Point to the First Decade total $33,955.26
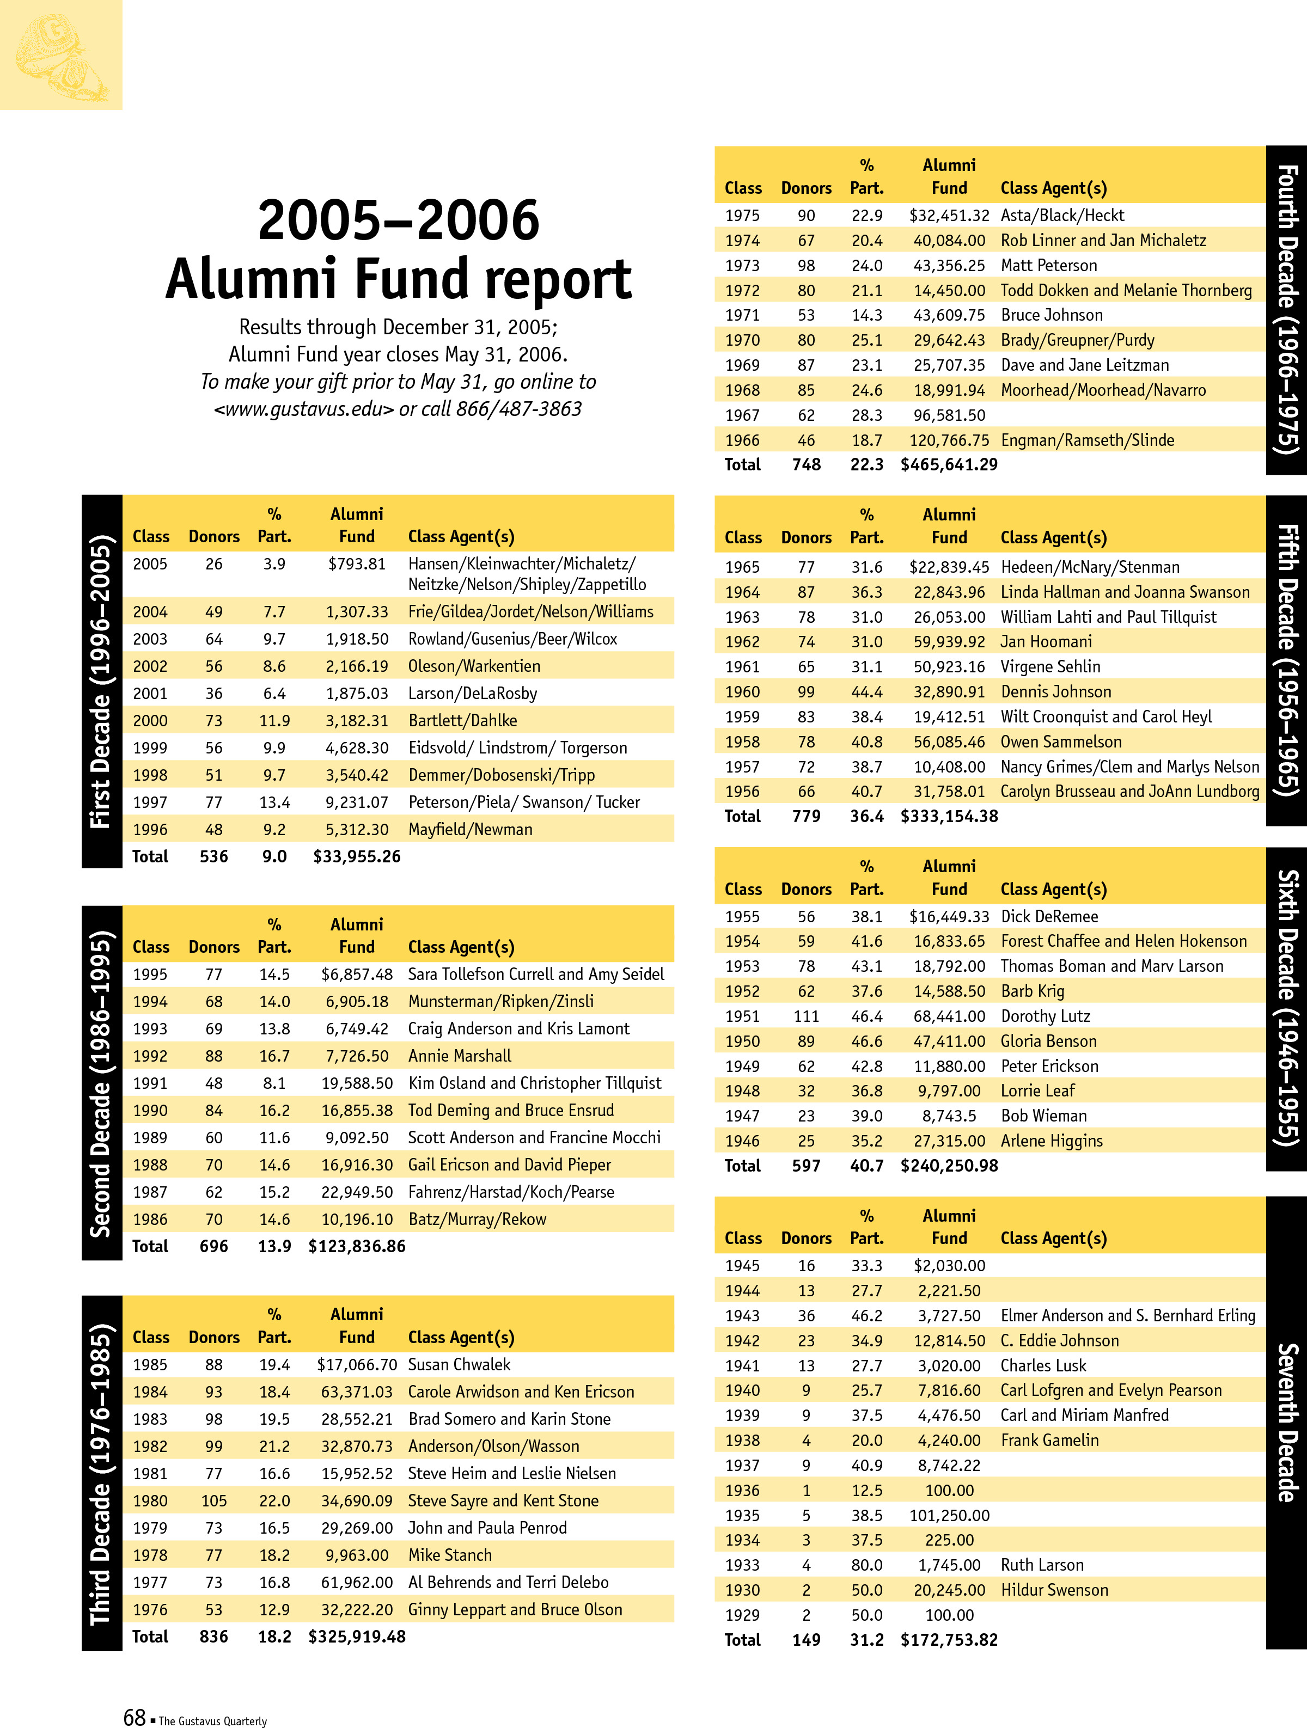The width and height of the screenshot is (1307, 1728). (357, 857)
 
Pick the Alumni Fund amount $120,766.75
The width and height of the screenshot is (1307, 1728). (949, 440)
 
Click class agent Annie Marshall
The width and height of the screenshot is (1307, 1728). (460, 1056)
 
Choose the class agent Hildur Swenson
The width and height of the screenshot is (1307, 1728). (1054, 1590)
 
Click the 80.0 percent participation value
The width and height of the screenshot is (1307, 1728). (866, 1565)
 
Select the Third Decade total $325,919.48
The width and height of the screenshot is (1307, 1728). (357, 1637)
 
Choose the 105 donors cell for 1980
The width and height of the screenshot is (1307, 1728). (213, 1500)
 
